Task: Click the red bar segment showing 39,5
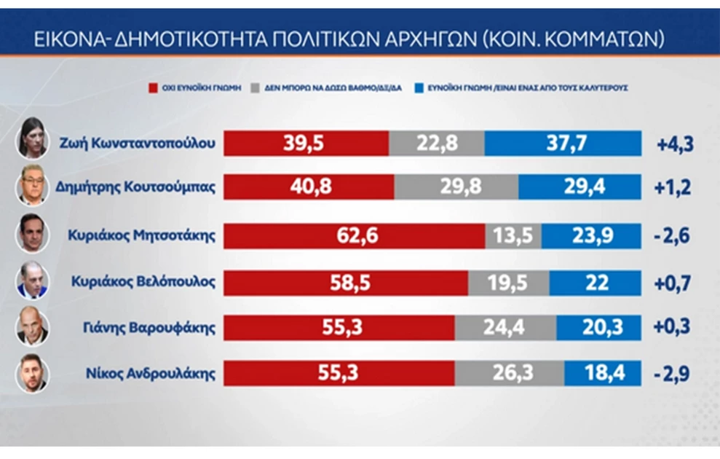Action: coord(306,143)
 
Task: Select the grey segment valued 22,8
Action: coord(436,143)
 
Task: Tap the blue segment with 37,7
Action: coord(562,143)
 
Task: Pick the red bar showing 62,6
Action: coord(354,236)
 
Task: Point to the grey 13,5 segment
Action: coord(513,236)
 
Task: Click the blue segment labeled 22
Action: coord(596,283)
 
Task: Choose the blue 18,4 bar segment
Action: coord(602,373)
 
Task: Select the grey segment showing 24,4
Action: coord(505,328)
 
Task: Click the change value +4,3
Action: coord(675,144)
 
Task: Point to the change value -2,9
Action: coord(673,374)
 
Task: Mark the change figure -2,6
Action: coord(673,237)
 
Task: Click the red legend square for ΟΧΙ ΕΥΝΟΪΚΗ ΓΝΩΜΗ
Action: coord(153,87)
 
